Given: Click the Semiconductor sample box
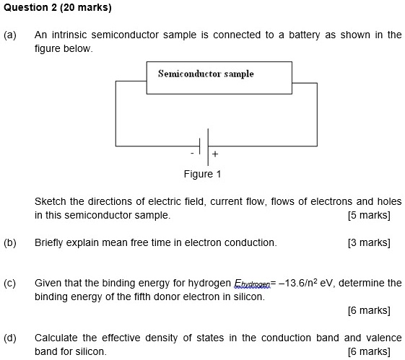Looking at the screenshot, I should click(220, 78).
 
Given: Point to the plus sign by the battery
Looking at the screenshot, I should click(214, 154).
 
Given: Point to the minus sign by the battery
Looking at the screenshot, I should click(193, 154).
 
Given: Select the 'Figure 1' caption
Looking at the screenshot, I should click(202, 174).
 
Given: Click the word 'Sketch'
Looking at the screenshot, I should click(51, 201).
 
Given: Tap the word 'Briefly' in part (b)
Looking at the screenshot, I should click(51, 242).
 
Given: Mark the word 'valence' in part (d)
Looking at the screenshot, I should click(383, 338).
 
